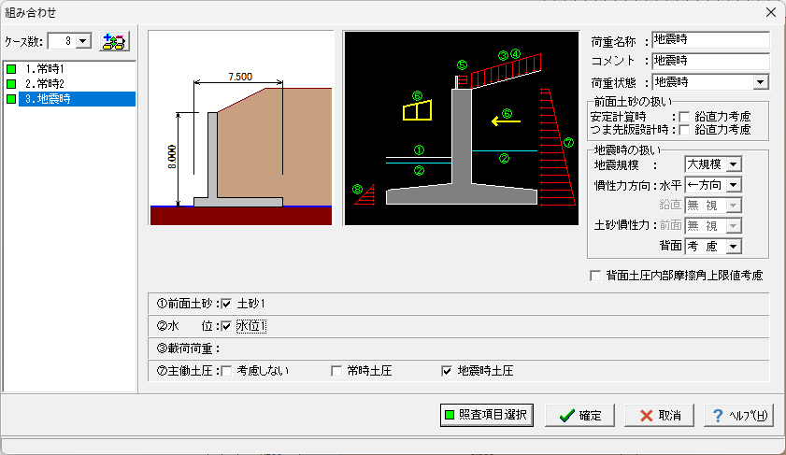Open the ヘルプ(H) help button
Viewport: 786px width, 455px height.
(738, 416)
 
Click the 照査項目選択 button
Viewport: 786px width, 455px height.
(486, 416)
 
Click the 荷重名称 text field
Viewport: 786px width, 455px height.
(710, 40)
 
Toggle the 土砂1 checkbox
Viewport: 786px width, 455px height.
(225, 304)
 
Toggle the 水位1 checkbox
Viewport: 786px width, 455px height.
(225, 326)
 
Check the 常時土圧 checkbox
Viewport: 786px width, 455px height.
(337, 371)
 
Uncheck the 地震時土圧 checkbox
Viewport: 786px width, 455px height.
(447, 371)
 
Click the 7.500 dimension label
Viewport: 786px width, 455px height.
(239, 77)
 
